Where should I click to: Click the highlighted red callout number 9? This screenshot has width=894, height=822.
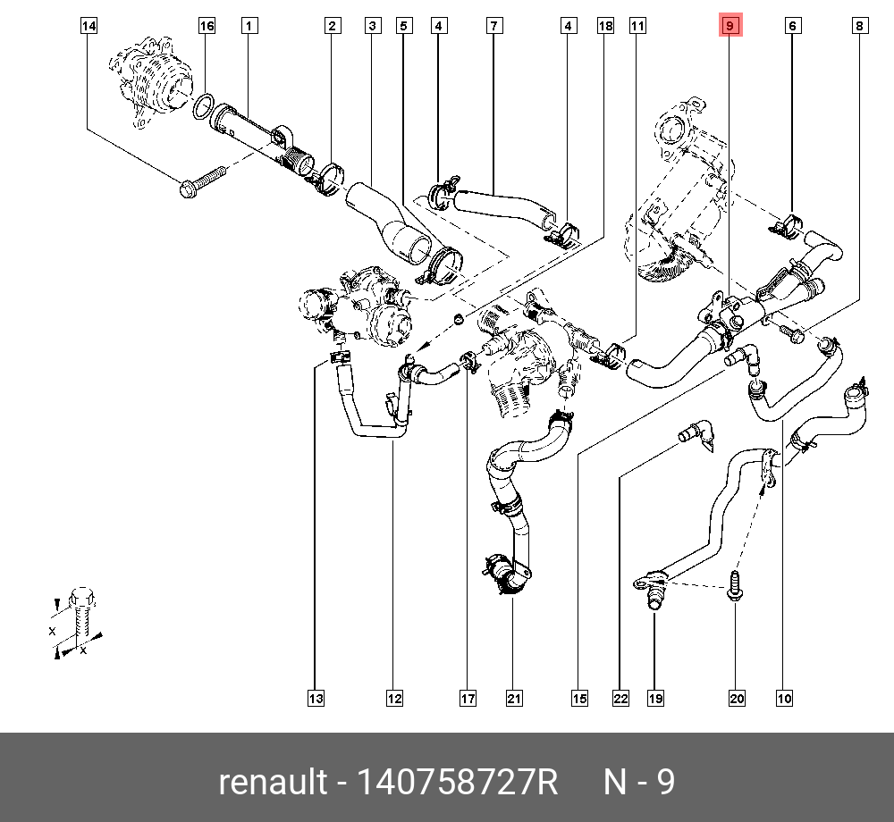tap(730, 27)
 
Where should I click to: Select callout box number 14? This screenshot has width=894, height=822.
tap(89, 27)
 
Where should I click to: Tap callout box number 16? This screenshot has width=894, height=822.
tap(207, 27)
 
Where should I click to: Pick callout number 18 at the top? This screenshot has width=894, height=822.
tap(605, 27)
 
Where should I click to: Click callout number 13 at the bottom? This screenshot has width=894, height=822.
tap(316, 699)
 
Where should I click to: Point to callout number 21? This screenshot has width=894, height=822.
tap(513, 699)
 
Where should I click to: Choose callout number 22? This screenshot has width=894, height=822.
tap(620, 699)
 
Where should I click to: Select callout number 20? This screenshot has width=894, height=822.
tap(737, 699)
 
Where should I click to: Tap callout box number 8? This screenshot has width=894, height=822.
tap(859, 27)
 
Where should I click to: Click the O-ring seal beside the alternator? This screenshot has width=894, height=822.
tap(203, 108)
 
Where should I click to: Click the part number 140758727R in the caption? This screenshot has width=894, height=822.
tap(457, 783)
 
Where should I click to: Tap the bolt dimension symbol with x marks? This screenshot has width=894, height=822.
tap(75, 621)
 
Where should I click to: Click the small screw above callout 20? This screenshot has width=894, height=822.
tap(734, 586)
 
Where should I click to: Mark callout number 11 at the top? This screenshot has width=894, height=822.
tap(637, 27)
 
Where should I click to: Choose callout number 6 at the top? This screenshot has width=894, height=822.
tap(792, 27)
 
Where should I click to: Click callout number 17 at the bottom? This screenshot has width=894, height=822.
tap(468, 699)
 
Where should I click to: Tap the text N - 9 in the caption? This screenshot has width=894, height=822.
tap(639, 783)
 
